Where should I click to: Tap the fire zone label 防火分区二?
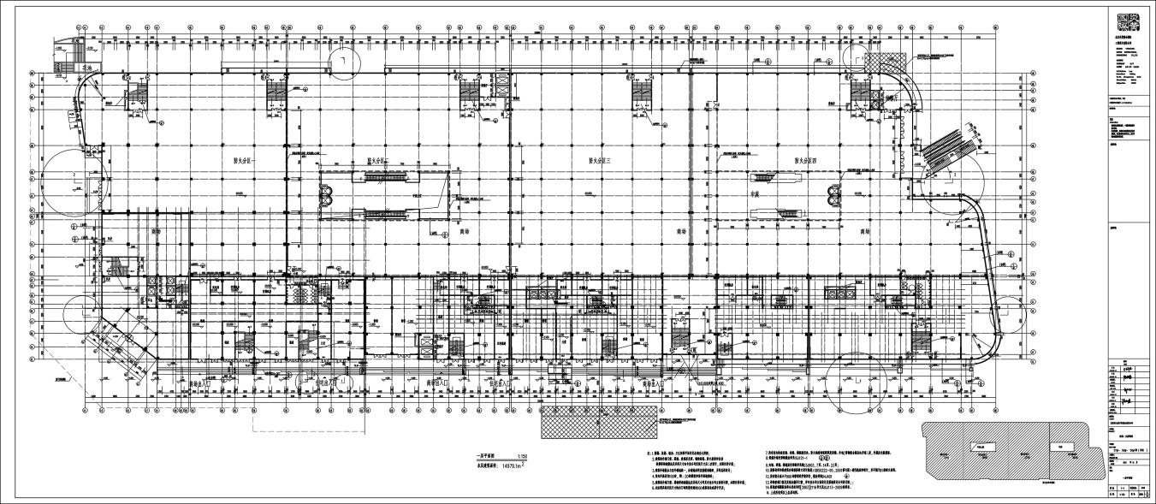point(377,160)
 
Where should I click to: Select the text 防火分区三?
point(604,160)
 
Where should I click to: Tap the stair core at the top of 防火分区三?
point(643,93)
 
